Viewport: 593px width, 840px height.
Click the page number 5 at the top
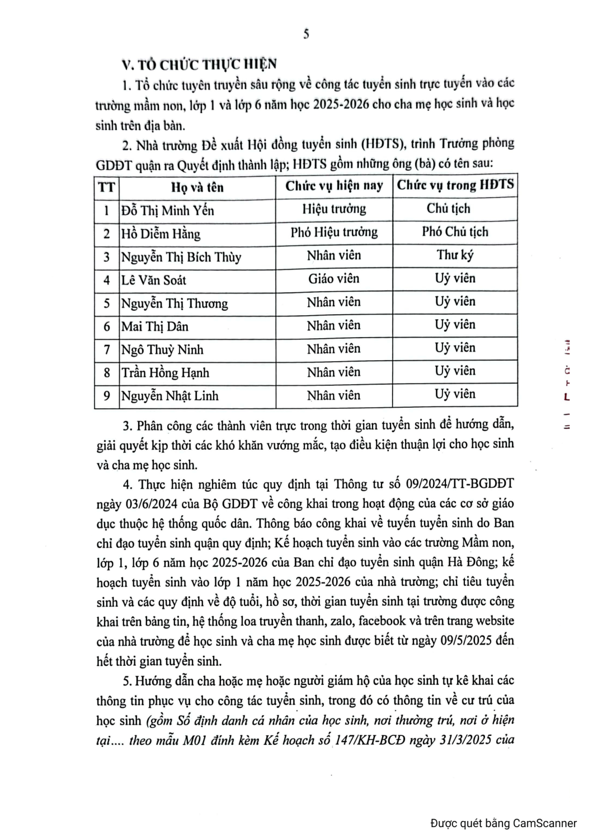tap(306, 34)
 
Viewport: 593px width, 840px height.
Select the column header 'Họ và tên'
tap(197, 187)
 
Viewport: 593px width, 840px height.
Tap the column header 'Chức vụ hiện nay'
tap(334, 186)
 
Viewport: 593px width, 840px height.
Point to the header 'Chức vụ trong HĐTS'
tap(455, 185)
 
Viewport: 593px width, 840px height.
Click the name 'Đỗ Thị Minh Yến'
tap(168, 211)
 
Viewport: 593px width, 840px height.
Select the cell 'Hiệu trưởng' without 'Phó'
tap(334, 209)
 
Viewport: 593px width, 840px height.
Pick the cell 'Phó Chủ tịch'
tap(455, 232)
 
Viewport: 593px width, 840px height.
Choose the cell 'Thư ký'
tap(455, 255)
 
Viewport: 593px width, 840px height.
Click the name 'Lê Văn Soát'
tap(154, 280)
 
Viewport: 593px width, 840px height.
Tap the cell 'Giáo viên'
tap(334, 278)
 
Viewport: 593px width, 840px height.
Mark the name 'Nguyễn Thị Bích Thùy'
tap(181, 257)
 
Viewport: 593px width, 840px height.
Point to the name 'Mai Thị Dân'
tap(155, 326)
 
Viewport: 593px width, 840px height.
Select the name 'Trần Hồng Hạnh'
tap(166, 373)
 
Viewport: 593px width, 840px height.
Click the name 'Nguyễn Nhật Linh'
tap(170, 396)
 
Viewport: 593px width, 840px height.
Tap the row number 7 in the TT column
tap(107, 350)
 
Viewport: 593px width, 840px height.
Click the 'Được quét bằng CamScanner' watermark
tap(503, 823)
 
